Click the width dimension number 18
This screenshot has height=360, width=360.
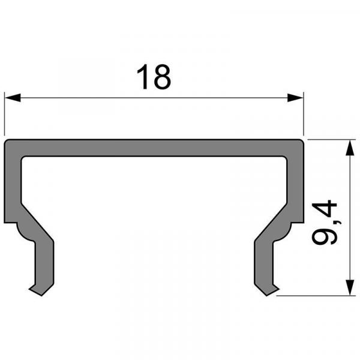[154, 78]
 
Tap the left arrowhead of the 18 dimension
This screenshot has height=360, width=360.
[12, 97]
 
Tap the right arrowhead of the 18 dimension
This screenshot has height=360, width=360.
[295, 97]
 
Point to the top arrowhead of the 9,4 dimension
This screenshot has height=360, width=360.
[349, 148]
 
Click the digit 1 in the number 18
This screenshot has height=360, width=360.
[143, 78]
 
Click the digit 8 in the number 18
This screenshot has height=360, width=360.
[162, 78]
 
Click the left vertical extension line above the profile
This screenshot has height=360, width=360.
[5, 114]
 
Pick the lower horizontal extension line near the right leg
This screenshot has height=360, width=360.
[312, 295]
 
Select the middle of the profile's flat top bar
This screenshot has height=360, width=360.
[154, 148]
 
